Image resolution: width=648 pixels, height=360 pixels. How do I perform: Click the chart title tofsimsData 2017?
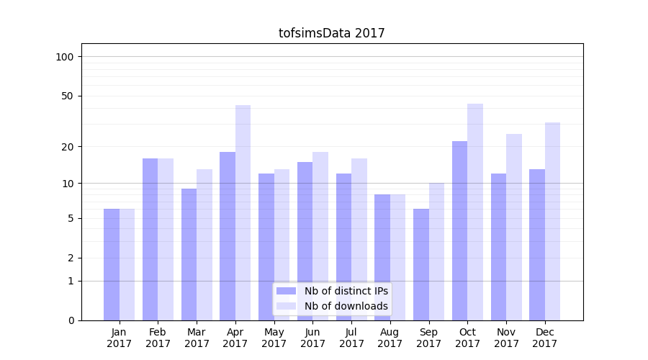click(x=332, y=33)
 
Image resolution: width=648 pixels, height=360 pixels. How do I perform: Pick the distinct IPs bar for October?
click(x=460, y=230)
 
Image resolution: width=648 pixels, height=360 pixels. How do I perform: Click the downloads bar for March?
click(x=204, y=245)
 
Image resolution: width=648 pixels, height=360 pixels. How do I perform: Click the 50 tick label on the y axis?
click(x=67, y=96)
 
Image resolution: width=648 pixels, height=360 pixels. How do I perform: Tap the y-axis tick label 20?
click(x=67, y=147)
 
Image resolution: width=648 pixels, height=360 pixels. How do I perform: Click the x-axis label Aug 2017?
click(x=390, y=338)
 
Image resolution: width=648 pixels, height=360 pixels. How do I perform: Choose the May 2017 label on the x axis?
click(x=274, y=338)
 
